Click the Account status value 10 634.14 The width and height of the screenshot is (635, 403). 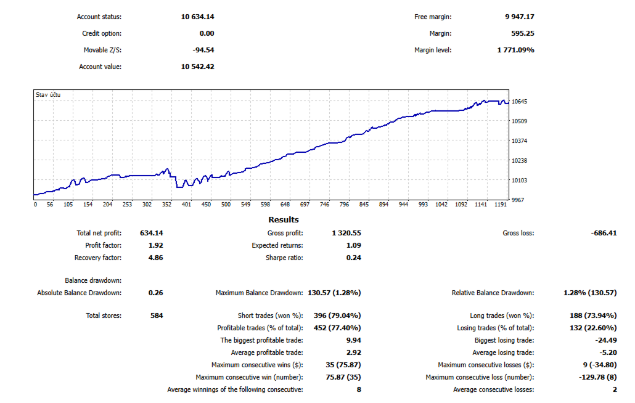(x=197, y=17)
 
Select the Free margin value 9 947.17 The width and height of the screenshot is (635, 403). (x=520, y=17)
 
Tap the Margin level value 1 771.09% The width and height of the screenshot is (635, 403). (x=515, y=50)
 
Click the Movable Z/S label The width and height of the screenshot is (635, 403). (x=102, y=50)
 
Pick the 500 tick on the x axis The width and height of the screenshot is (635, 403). (x=226, y=205)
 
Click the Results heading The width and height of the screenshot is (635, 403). (x=284, y=220)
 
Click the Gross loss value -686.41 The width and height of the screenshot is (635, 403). (x=603, y=234)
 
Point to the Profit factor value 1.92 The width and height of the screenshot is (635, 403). (x=156, y=245)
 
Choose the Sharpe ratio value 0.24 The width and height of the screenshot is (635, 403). (x=353, y=258)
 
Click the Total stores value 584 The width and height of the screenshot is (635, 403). (x=157, y=315)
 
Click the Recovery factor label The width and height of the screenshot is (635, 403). (x=98, y=258)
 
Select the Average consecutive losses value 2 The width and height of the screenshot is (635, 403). (x=615, y=389)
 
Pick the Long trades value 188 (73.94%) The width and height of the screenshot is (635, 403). (x=592, y=315)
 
